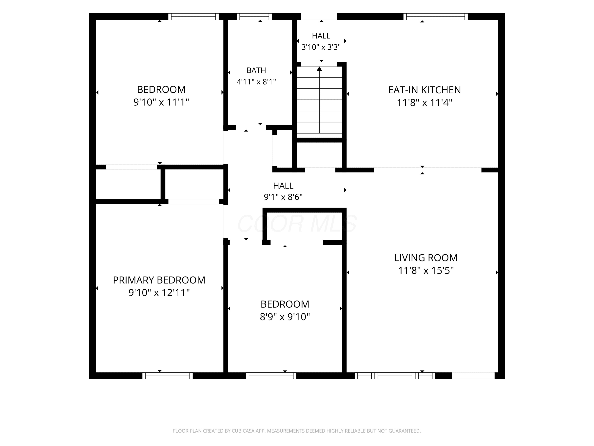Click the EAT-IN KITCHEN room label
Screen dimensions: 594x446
(424, 90)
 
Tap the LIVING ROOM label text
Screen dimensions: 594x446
(426, 258)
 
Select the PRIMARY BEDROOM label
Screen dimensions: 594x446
(159, 280)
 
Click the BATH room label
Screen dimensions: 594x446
(256, 70)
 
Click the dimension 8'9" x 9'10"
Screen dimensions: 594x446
(285, 317)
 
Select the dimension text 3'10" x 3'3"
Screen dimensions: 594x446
(321, 47)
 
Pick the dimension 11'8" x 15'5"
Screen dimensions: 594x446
(426, 270)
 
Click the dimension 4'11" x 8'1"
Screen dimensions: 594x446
(256, 82)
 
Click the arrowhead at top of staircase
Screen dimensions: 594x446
(319, 69)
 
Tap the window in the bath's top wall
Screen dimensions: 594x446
(254, 17)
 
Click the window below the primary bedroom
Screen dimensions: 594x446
(168, 376)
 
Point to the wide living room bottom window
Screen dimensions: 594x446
(395, 376)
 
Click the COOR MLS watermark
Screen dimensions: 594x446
(297, 224)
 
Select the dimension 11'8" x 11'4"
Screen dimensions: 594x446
(424, 103)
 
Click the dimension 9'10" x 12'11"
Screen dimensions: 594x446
(159, 293)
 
